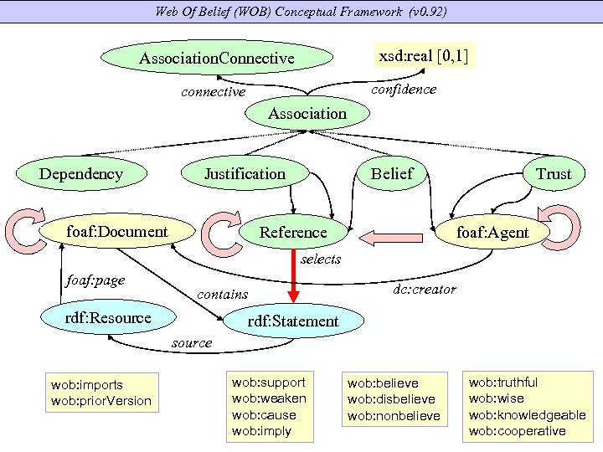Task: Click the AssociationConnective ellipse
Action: pyautogui.click(x=217, y=59)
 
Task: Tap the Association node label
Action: pyautogui.click(x=307, y=113)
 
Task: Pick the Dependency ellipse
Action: pyautogui.click(x=80, y=173)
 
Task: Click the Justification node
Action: pyautogui.click(x=245, y=173)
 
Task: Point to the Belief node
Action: pyautogui.click(x=391, y=173)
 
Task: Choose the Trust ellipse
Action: pyautogui.click(x=553, y=174)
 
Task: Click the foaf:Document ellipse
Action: pyautogui.click(x=117, y=231)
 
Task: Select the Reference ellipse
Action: pyautogui.click(x=292, y=232)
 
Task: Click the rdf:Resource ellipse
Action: pyautogui.click(x=110, y=317)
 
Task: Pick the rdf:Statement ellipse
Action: pyautogui.click(x=293, y=321)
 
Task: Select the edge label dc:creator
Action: pyautogui.click(x=425, y=290)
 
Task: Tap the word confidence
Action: pyautogui.click(x=403, y=90)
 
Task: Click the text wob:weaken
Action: pyautogui.click(x=269, y=398)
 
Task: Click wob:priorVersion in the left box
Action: pyautogui.click(x=101, y=401)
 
